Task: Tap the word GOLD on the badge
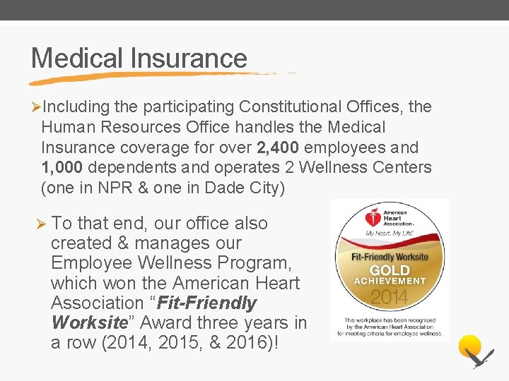390,270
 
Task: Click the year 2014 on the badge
390,296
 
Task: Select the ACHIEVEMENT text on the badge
390,282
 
